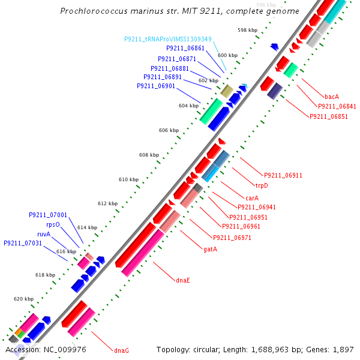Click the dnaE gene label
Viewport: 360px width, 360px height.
click(x=183, y=280)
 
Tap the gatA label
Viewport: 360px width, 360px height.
click(x=210, y=249)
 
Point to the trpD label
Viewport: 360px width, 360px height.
click(x=262, y=185)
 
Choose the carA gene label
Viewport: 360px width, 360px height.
click(x=252, y=197)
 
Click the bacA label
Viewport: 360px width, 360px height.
click(x=332, y=97)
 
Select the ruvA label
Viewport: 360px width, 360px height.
click(x=44, y=234)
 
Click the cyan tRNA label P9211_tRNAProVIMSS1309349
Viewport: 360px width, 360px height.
click(x=168, y=39)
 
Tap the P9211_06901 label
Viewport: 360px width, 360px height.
click(x=156, y=86)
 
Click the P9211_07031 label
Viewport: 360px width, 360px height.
click(x=23, y=243)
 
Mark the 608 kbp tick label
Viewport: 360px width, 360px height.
click(x=149, y=155)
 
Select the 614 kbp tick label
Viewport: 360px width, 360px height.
click(x=87, y=227)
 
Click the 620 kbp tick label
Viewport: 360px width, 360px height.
click(x=24, y=299)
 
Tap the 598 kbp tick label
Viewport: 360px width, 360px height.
click(x=247, y=29)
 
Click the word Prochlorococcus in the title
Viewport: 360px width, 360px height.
click(x=97, y=11)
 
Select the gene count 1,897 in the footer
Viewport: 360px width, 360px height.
click(x=344, y=349)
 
